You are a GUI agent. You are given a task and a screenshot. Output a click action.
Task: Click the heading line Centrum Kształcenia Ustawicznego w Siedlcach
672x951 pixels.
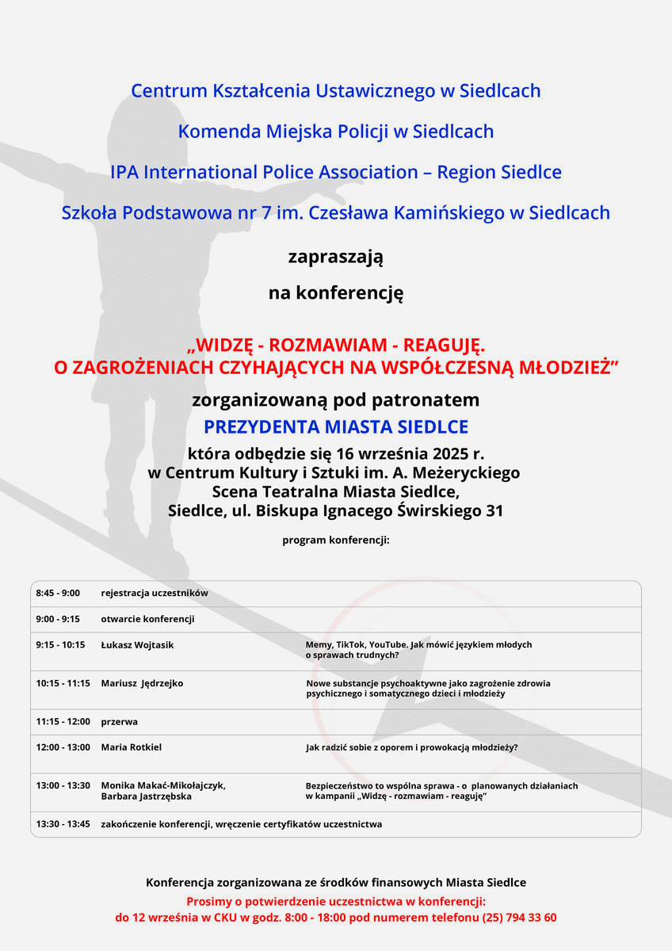[x=336, y=91]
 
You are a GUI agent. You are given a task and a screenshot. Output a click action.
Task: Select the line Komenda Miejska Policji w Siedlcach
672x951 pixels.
[x=336, y=132]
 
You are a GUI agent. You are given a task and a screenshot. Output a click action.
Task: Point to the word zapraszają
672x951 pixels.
[x=336, y=257]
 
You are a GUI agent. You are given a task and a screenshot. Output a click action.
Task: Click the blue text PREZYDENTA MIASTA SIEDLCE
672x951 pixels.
[x=336, y=427]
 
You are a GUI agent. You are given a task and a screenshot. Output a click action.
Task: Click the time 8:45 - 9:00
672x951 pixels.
[x=58, y=593]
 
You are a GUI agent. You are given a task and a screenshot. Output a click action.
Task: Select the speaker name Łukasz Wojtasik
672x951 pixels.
[x=137, y=645]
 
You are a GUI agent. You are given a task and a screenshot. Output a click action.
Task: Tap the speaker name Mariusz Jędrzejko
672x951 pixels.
[x=142, y=683]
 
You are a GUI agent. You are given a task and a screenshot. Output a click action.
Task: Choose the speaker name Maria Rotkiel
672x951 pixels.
[x=131, y=747]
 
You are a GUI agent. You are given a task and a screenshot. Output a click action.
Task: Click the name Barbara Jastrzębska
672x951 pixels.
[x=146, y=796]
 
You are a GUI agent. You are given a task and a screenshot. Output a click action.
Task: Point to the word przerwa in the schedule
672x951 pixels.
[x=119, y=722]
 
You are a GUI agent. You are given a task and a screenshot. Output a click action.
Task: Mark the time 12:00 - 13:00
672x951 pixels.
[x=63, y=747]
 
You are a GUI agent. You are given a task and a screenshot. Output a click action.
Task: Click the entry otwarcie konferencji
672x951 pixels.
[x=147, y=619]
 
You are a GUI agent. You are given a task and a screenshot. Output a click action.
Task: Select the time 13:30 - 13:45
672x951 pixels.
[x=63, y=824]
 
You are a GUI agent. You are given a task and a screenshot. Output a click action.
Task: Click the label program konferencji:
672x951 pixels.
[x=336, y=540]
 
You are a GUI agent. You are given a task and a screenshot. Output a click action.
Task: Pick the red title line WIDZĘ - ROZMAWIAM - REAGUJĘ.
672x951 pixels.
[x=336, y=346]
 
